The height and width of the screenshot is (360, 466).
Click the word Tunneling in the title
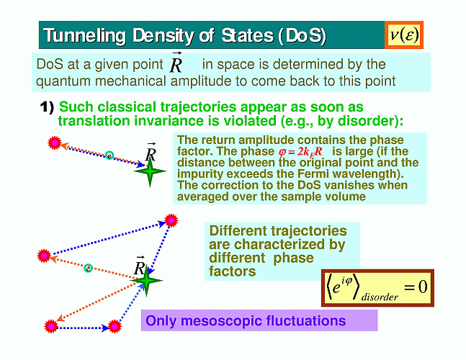(85, 36)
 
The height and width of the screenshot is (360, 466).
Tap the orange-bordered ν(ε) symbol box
(404, 35)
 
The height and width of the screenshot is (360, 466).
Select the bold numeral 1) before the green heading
(48, 107)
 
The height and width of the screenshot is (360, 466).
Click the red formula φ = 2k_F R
(300, 152)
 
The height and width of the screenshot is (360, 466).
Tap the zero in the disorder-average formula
(423, 287)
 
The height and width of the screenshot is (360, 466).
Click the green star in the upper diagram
(150, 171)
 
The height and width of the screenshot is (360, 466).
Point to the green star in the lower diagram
(146, 280)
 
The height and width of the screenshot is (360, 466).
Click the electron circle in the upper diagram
(109, 155)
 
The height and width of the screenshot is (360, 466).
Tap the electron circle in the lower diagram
(88, 269)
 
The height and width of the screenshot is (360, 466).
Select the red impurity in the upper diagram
(55, 143)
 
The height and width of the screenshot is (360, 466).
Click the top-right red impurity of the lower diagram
(171, 220)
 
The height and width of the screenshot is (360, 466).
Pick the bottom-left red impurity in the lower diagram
(51, 326)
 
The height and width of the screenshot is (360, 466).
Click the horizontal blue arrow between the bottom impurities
(83, 328)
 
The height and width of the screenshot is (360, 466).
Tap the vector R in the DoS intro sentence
(176, 63)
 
